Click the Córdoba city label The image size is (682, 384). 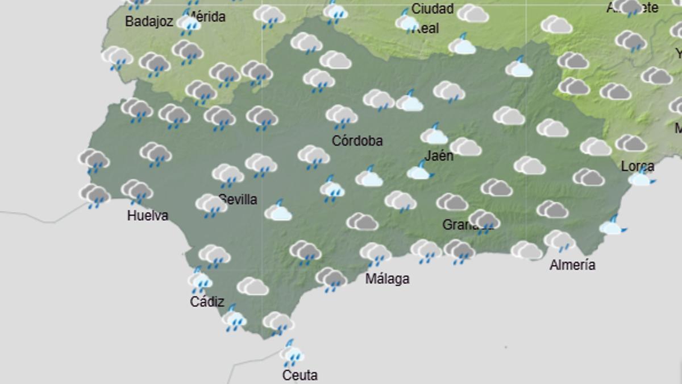coord(357,141)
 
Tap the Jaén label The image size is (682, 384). coord(439,155)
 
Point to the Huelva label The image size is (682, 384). coord(148,216)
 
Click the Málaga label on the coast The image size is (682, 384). coord(387,279)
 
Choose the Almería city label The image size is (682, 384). coord(572,265)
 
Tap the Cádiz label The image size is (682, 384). coord(207,302)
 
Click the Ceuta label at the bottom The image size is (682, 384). coord(300,375)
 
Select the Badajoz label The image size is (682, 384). coord(148,22)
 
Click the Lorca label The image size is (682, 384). coord(638,166)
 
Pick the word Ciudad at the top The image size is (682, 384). coord(432,9)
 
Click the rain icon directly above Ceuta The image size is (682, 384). coord(292,354)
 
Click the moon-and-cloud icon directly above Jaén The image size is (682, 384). coord(435,134)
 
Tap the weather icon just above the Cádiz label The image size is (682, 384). coord(199,280)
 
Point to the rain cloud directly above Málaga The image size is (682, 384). coord(375,253)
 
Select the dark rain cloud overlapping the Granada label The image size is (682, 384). coord(484,221)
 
